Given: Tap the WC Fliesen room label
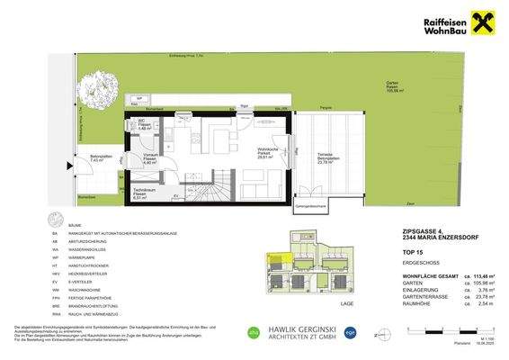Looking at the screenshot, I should coord(144,126).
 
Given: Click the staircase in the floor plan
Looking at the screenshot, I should coord(222,188).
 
